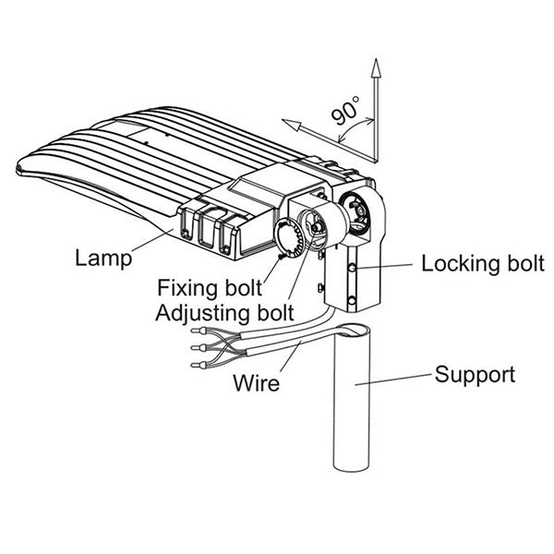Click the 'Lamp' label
(102, 257)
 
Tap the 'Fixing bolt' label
(208, 285)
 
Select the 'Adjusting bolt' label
(224, 311)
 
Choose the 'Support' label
(475, 375)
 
